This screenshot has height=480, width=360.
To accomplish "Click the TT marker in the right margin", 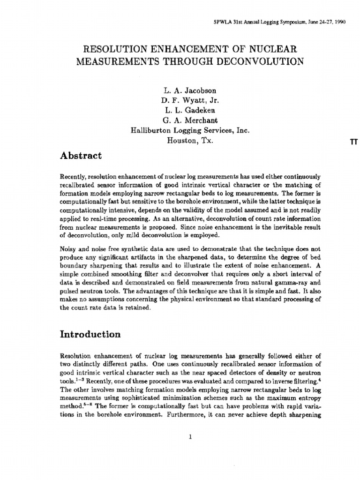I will pos(354,143).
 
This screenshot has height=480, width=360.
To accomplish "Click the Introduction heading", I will pos(90,334).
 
